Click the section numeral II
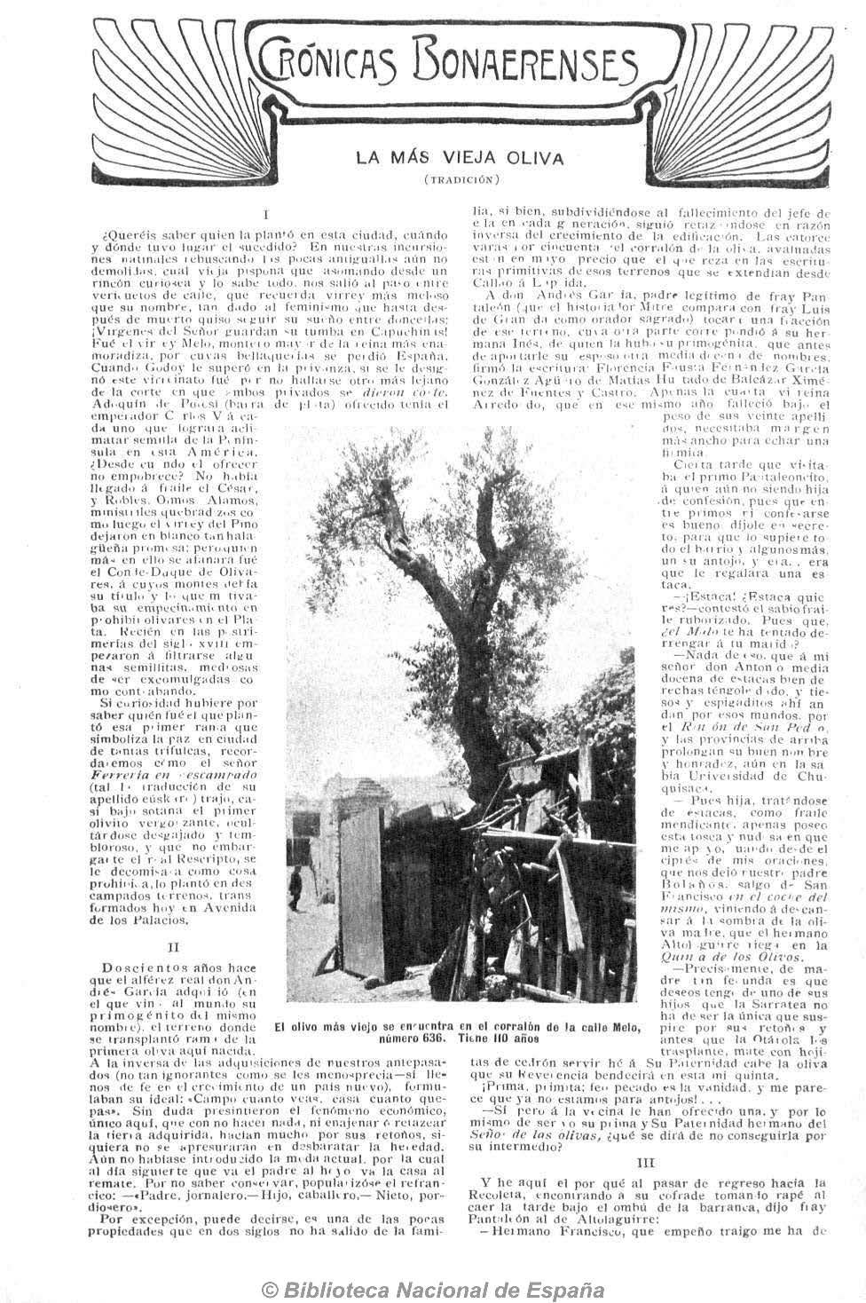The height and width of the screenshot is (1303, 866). coord(173,947)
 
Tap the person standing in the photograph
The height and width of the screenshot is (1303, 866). coord(295,881)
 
